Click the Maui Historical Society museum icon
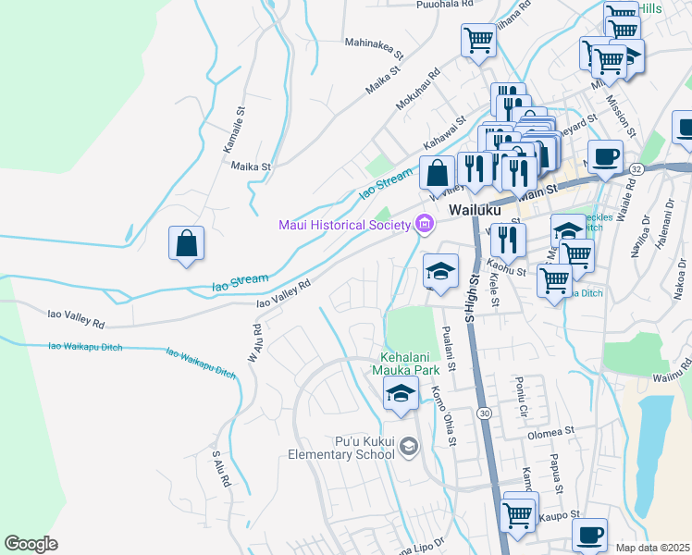[x=425, y=223]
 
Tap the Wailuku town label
[x=475, y=210]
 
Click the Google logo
[x=31, y=544]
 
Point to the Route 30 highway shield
[x=484, y=414]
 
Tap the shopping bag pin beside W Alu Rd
[x=186, y=244]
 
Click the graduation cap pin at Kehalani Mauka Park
[x=400, y=393]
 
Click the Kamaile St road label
[x=240, y=129]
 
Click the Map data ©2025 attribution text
[x=652, y=548]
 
